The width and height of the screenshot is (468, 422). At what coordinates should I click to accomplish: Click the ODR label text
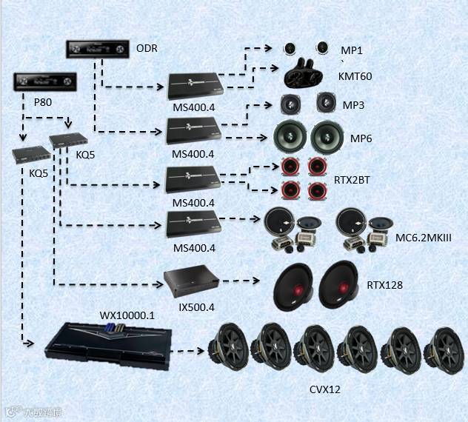click(x=147, y=49)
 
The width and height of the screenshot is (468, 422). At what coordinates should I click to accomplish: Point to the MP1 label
click(x=351, y=50)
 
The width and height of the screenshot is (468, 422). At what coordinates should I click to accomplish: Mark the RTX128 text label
click(x=385, y=284)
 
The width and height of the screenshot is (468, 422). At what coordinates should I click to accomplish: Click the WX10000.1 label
click(x=127, y=315)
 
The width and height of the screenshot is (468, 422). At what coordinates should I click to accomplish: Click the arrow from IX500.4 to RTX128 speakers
click(x=240, y=281)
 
